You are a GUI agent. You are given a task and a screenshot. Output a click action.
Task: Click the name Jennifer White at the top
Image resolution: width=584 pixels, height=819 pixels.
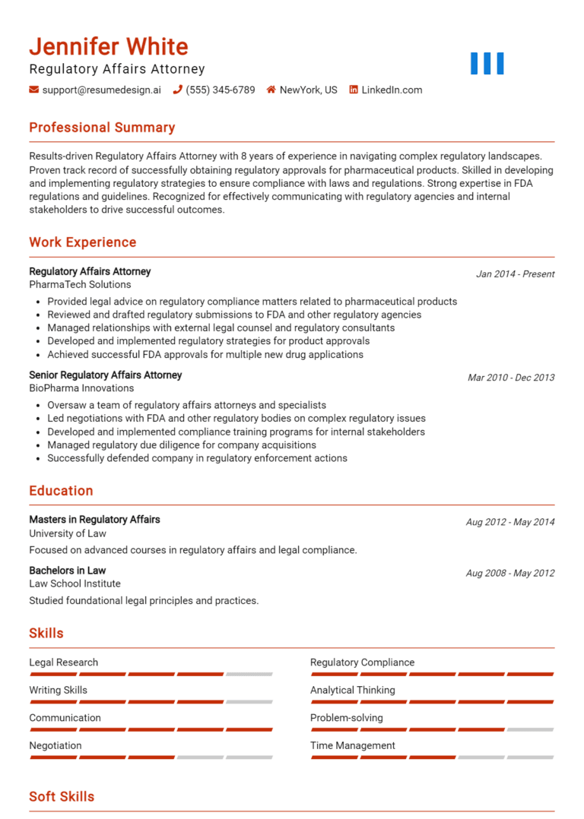[x=109, y=46]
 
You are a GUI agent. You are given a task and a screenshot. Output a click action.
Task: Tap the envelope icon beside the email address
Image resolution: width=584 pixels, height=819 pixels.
[x=34, y=90]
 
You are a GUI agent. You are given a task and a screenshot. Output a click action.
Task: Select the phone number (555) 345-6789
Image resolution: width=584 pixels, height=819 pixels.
[x=221, y=90]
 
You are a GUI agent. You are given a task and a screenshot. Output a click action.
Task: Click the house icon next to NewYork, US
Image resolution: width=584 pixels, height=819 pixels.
[x=271, y=90]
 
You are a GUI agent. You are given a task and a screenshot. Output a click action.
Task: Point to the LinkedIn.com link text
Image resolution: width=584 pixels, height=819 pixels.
[x=392, y=90]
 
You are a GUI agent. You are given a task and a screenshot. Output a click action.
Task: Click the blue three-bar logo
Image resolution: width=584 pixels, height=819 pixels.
[x=487, y=64]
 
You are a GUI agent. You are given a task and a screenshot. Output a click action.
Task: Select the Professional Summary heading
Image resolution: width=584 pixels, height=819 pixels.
[x=102, y=128]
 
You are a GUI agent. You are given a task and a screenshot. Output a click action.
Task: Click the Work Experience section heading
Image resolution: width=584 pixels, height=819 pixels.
[x=83, y=242]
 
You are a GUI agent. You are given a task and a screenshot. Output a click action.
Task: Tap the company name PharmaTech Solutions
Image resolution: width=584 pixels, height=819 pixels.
[x=80, y=284]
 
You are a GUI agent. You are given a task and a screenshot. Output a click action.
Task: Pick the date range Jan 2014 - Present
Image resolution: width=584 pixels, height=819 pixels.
[x=515, y=274]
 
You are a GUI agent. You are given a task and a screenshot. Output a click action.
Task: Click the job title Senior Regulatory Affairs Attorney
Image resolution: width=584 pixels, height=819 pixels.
[x=106, y=375]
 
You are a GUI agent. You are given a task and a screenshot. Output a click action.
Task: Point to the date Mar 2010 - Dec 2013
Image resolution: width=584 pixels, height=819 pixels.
[x=511, y=378]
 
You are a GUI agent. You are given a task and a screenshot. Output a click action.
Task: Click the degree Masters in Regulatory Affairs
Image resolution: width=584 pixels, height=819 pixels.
[x=94, y=520]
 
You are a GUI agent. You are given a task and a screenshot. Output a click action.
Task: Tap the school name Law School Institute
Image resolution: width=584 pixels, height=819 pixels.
[x=75, y=583]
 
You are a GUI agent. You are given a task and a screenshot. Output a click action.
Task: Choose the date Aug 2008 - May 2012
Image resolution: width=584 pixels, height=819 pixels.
[x=510, y=574]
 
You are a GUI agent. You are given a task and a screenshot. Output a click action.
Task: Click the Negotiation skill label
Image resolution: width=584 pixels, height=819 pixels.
[x=56, y=745]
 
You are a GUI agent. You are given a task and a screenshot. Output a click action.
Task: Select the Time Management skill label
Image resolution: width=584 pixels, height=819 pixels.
[x=353, y=745]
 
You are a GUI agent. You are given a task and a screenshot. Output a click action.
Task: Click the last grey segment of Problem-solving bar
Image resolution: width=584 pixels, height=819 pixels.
[x=530, y=729]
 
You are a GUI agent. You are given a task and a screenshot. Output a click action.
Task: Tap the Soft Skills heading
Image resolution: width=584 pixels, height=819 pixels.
[x=62, y=796]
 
